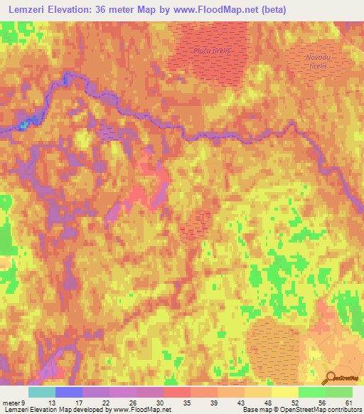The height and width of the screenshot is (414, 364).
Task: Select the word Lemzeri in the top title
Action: coord(28,10)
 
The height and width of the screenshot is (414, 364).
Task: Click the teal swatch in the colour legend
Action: coord(42,392)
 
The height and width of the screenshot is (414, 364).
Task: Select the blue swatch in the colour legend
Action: coord(69,392)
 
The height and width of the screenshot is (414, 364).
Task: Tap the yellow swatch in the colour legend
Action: coord(285,392)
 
